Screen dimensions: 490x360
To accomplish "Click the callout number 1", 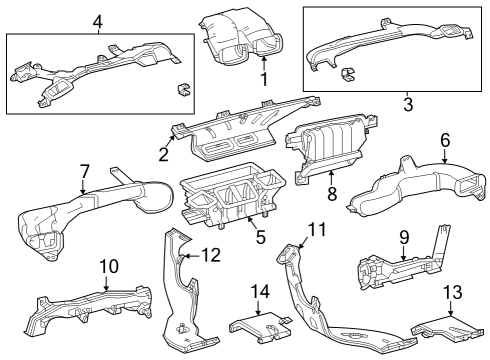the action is pos(264,79).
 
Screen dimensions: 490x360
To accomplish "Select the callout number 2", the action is pos(163,154).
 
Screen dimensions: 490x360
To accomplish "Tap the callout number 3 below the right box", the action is pos(408,104).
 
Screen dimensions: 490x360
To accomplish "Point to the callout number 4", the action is pos(97,22).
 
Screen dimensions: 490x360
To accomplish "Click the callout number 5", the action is pos(260,237).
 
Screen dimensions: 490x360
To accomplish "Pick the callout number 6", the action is pos(445,140).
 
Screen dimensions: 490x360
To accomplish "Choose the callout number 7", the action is pos(85,172).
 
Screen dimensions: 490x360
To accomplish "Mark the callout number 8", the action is pos(332,194).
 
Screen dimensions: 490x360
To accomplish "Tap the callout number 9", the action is pos(404,237).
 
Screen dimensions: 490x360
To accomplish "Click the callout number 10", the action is pos(109,266).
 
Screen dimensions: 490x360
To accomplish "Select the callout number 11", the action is pos(317,230).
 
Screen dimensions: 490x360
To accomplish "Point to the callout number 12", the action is pos(211,255).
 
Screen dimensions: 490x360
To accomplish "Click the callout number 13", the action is pos(453,292).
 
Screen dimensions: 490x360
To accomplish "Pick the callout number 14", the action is pos(260,292).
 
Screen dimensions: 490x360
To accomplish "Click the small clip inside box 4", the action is pos(184,90).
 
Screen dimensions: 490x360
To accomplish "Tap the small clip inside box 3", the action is pos(347,74).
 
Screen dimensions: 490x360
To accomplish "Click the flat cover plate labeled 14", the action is pos(259,327).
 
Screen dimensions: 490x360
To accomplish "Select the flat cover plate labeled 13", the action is pos(447,327).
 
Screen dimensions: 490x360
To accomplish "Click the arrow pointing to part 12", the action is pos(193,256).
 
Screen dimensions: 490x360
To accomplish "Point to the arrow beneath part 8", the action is pos(331,178).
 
